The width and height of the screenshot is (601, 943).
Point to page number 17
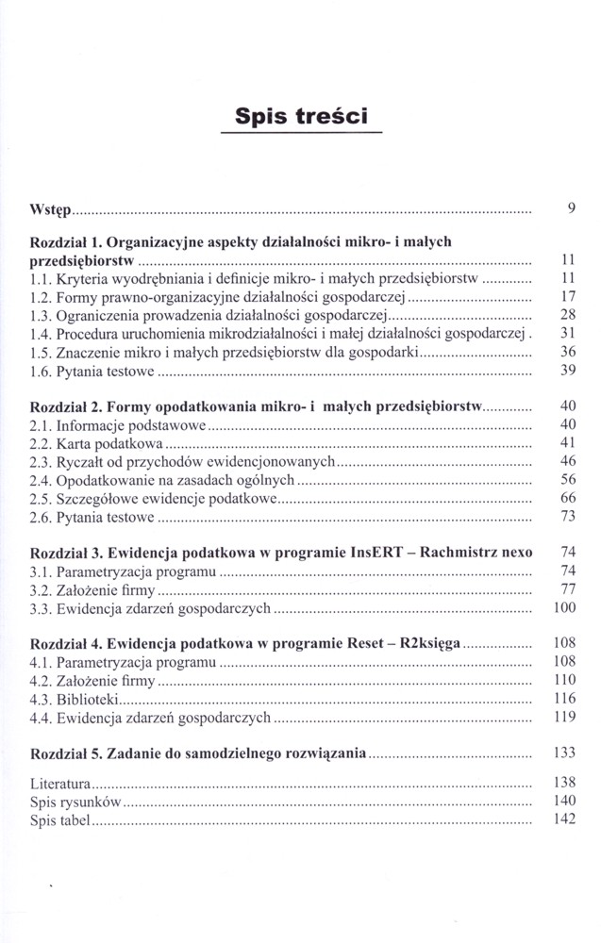point(567,297)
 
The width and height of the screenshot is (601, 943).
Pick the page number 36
point(567,352)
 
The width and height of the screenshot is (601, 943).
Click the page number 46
point(567,461)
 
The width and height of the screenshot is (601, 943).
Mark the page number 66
point(567,498)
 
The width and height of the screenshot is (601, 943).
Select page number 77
point(567,589)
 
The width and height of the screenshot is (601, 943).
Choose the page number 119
point(564,718)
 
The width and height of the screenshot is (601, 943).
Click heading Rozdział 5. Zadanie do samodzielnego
point(198,754)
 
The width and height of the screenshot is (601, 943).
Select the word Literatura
point(60,784)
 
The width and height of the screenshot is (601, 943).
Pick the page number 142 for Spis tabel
point(564,820)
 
